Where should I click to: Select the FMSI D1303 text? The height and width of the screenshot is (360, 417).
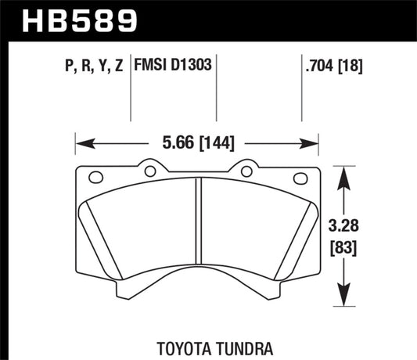click(177, 64)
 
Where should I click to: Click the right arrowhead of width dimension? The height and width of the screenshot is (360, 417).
click(314, 143)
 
